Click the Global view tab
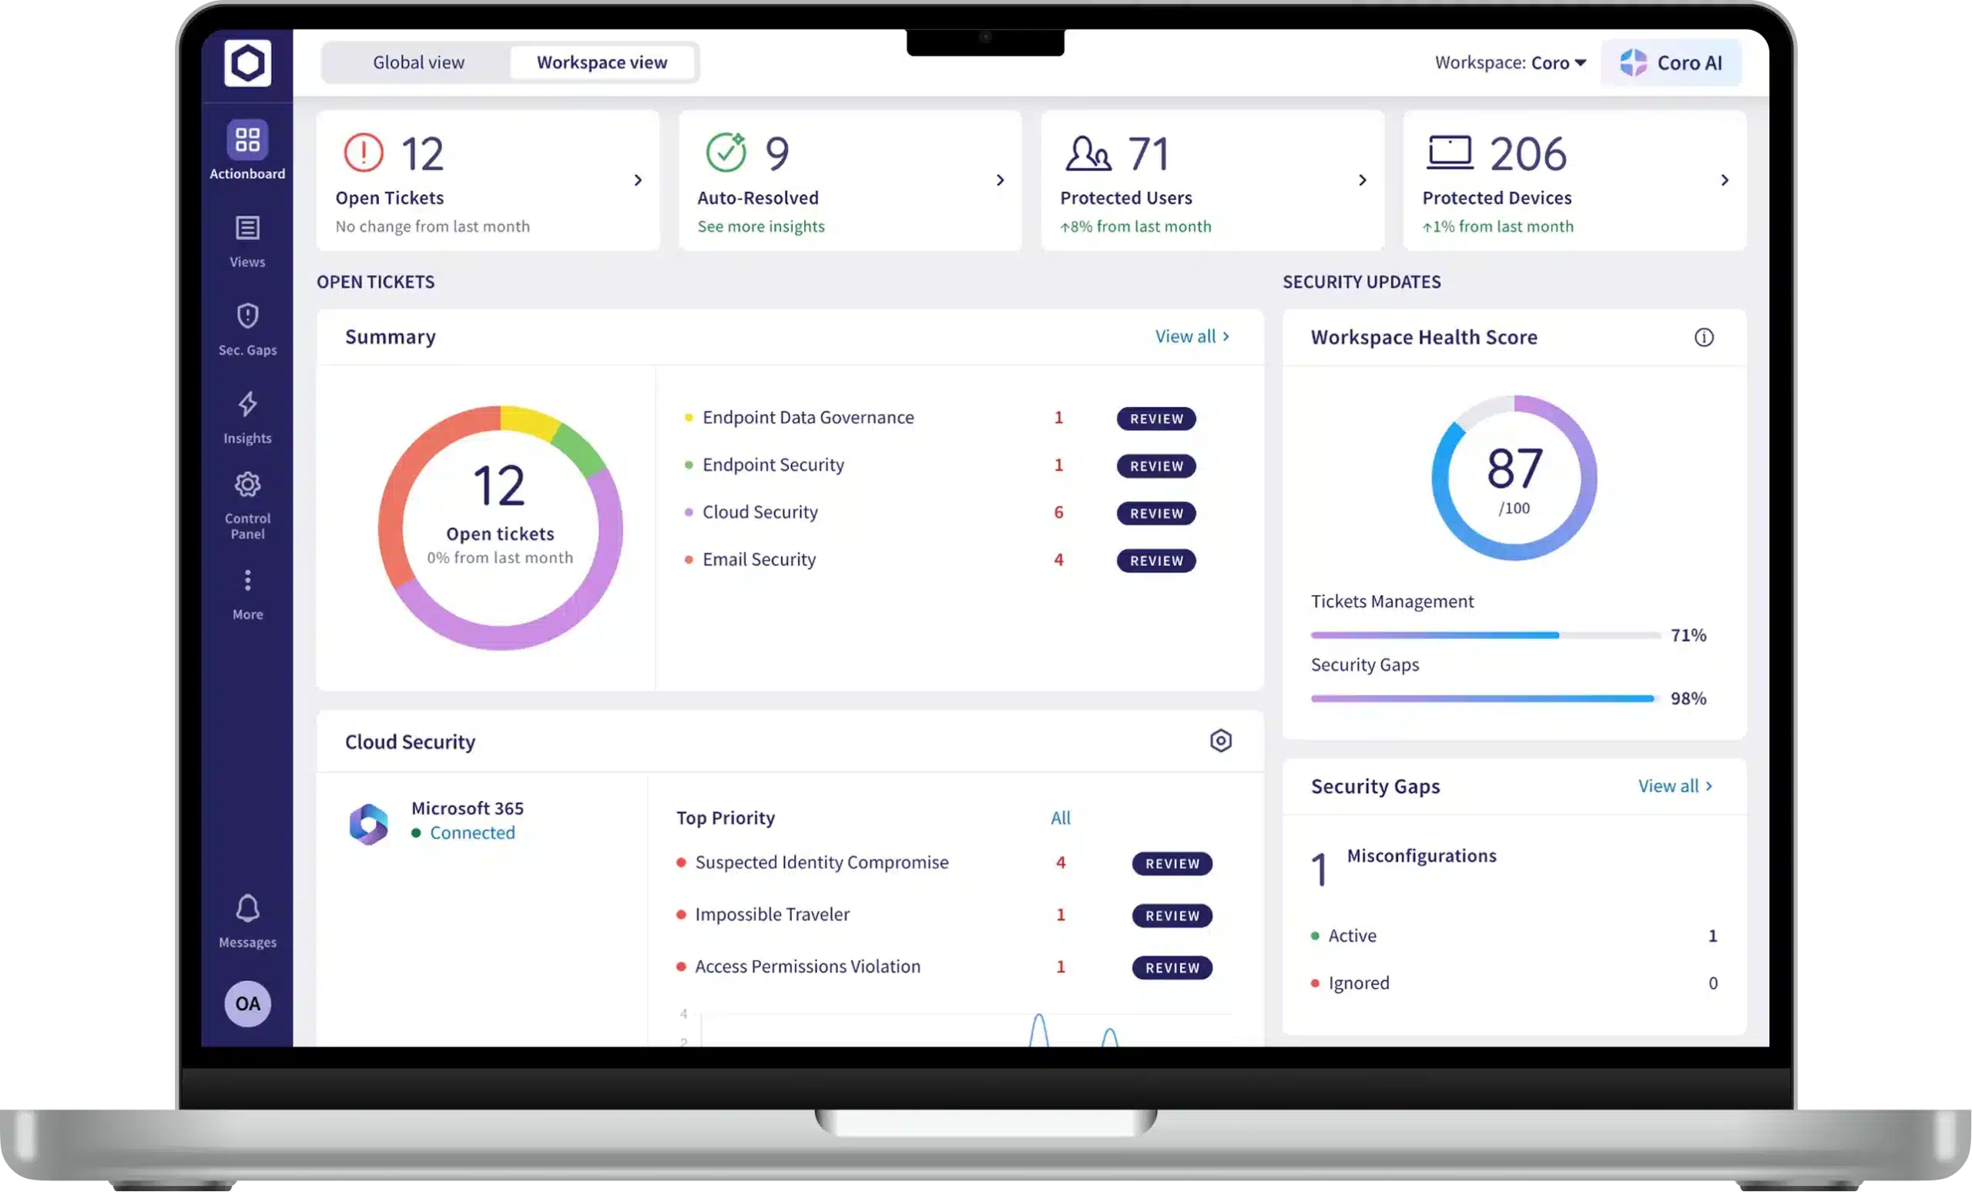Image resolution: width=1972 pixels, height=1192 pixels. point(418,62)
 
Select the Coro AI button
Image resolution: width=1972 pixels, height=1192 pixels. point(1671,62)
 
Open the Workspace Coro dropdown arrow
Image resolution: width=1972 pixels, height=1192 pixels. point(1580,62)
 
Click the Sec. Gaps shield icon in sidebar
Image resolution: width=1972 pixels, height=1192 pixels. point(247,316)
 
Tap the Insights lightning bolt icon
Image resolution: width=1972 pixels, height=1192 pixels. point(247,404)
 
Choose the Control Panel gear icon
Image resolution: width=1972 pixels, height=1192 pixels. point(247,485)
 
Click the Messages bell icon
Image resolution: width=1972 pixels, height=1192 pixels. point(247,909)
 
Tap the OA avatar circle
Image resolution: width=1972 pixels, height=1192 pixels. point(247,1003)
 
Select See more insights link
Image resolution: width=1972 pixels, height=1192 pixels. point(760,226)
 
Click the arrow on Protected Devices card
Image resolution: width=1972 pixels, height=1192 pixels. point(1724,180)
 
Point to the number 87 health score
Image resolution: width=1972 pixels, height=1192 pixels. point(1514,468)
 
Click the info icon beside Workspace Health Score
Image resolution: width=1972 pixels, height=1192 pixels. point(1704,337)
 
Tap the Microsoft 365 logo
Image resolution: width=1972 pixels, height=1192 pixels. point(369,824)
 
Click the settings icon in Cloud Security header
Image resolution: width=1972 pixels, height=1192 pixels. point(1220,741)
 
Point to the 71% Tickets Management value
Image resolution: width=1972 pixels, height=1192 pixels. point(1688,635)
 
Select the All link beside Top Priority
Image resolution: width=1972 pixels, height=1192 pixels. point(1061,818)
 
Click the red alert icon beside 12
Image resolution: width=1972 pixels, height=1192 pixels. point(364,152)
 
